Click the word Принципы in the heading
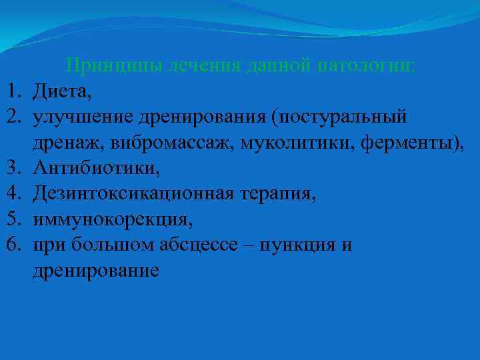[x=107, y=67]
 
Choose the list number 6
[x=14, y=245]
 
